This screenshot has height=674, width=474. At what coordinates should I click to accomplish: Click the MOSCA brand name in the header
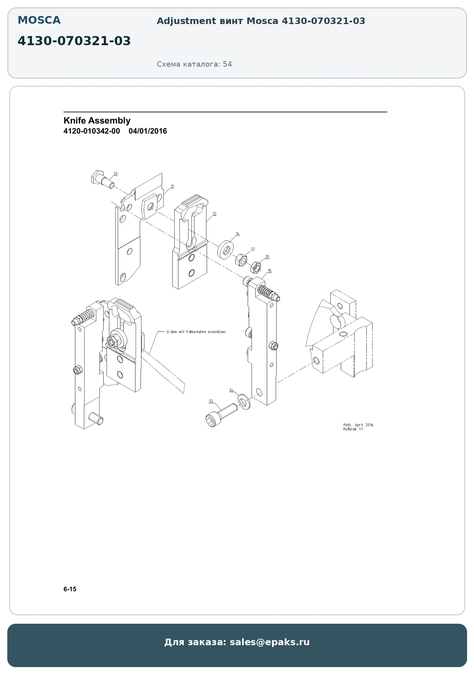point(39,20)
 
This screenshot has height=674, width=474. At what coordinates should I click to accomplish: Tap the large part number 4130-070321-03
point(74,41)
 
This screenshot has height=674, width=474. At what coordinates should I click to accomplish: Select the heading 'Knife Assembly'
point(97,121)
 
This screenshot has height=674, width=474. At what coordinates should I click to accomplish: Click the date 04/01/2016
point(148,131)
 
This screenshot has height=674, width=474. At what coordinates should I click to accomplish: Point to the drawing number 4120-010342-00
point(92,131)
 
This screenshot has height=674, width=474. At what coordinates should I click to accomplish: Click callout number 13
point(116,174)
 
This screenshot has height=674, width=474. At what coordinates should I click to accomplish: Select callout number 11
point(172,186)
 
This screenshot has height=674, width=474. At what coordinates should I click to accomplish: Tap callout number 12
point(214,214)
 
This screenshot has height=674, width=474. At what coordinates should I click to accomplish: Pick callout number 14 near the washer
point(238,234)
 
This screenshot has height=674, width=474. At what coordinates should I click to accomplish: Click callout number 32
point(253,249)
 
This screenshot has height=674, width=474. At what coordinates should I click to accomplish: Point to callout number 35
point(267,257)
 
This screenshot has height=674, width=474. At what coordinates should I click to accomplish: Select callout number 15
point(269,271)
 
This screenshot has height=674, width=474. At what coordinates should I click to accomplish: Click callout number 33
point(211,401)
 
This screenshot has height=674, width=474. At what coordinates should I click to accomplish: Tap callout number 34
point(231,390)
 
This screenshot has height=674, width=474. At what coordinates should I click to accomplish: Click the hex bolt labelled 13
point(102,179)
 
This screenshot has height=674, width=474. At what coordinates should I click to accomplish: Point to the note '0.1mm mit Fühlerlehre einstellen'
point(196,332)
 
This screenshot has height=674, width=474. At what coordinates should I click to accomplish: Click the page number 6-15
point(70,589)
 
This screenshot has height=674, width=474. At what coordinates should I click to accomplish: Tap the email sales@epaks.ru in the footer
point(269,642)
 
